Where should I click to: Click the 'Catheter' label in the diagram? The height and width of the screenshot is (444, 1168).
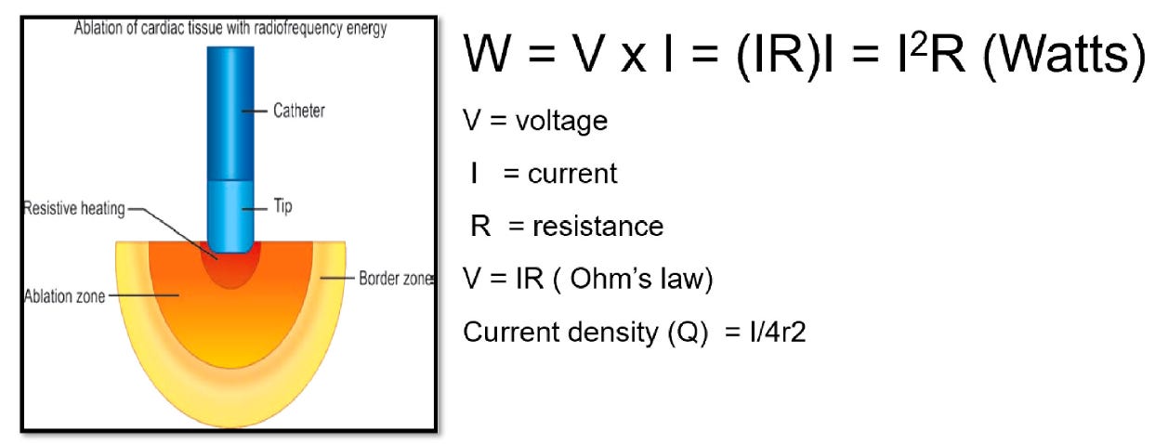tap(298, 111)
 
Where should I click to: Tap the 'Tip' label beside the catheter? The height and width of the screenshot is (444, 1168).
tap(283, 206)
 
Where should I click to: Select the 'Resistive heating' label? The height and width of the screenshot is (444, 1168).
tap(74, 209)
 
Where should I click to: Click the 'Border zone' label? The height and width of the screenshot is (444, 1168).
tap(395, 279)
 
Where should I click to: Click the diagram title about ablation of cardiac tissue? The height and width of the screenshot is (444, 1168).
tap(230, 29)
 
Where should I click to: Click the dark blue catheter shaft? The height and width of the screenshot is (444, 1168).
tap(230, 111)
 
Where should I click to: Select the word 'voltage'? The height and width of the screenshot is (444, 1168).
tap(558, 122)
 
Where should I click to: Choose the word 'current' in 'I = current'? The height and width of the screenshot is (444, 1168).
tap(572, 174)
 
